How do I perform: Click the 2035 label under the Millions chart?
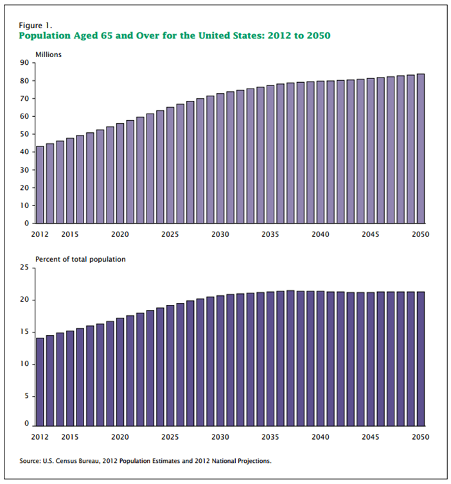[270, 234]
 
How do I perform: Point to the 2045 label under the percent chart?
[370, 436]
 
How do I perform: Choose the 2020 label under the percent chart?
[120, 436]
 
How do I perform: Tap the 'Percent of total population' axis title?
[80, 259]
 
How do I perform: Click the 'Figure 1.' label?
[35, 24]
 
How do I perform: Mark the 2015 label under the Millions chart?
[69, 234]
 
